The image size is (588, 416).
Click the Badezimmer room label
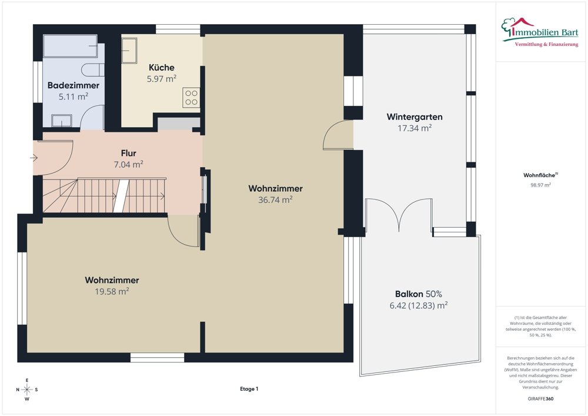click(x=73, y=85)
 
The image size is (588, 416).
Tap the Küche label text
click(x=161, y=67)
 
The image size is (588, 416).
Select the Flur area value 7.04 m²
click(x=128, y=164)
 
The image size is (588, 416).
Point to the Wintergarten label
click(x=414, y=117)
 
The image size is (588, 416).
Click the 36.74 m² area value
click(x=275, y=199)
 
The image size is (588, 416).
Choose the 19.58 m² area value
click(x=111, y=291)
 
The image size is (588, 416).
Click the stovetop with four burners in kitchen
click(x=191, y=97)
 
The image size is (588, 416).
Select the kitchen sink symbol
click(x=129, y=51)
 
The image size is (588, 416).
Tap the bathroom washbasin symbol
click(x=62, y=121)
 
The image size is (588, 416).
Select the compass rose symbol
click(x=26, y=390)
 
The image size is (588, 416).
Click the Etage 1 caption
click(x=249, y=389)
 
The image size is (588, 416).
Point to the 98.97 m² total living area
click(x=540, y=185)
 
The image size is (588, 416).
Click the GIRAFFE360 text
click(x=540, y=398)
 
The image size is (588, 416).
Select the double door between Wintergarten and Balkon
click(x=399, y=215)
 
